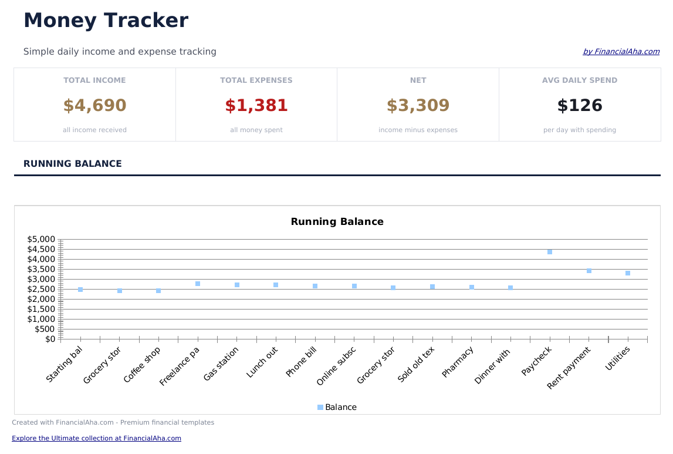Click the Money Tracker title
[106, 21]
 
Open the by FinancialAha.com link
[621, 52]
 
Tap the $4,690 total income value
[94, 106]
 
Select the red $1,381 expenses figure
[256, 106]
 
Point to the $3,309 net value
[418, 106]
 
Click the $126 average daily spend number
[580, 106]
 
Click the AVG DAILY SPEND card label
[580, 80]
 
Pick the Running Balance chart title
[337, 222]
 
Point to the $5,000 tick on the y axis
[41, 239]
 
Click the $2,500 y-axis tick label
[41, 289]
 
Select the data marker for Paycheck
[550, 252]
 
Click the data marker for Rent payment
[589, 271]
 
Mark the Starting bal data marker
[80, 290]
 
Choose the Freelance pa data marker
[198, 284]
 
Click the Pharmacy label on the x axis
[458, 362]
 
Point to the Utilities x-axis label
[618, 359]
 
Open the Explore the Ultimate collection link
[96, 438]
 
